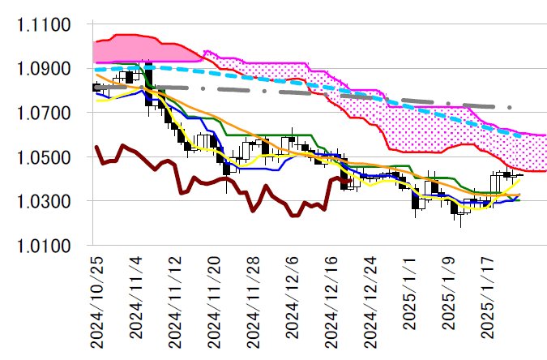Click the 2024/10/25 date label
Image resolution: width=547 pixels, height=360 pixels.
pos(96,300)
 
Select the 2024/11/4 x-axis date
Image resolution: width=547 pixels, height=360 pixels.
pos(135,297)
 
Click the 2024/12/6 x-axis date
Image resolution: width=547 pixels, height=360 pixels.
pos(292,297)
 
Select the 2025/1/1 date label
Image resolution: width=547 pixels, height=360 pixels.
pos(409,294)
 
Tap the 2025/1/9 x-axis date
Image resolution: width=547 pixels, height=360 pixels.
pos(448,294)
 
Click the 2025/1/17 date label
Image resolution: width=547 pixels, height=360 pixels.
pos(487,297)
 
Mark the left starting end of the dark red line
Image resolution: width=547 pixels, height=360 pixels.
pos(96,147)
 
